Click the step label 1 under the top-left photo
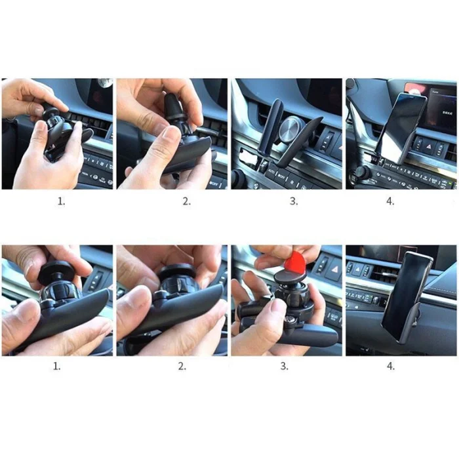[61, 201]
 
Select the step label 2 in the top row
[186, 201]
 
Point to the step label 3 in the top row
[294, 201]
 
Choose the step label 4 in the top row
[390, 201]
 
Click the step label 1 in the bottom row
[57, 366]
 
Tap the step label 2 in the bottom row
[182, 366]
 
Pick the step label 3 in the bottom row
[284, 366]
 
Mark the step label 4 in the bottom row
[391, 366]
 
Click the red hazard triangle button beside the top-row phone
[429, 146]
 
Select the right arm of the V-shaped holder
[299, 142]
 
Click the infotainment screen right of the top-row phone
[443, 108]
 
